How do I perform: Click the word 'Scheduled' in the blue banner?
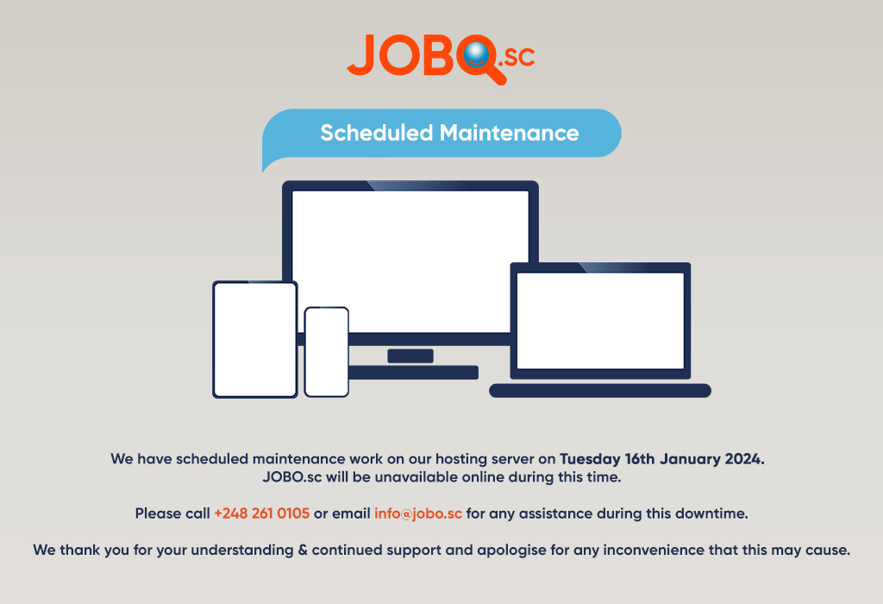pos(376,133)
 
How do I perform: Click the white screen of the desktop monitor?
pos(410,259)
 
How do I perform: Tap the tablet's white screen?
pos(254,339)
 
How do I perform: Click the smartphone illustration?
pos(327,351)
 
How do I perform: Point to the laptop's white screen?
pos(600,320)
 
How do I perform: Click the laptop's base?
pos(600,391)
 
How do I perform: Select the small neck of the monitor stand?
pos(410,355)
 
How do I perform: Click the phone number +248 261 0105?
pos(262,513)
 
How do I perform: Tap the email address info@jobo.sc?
pos(418,513)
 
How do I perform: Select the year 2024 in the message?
pos(744,459)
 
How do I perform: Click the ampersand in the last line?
pos(303,550)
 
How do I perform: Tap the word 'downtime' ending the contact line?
pos(712,513)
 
